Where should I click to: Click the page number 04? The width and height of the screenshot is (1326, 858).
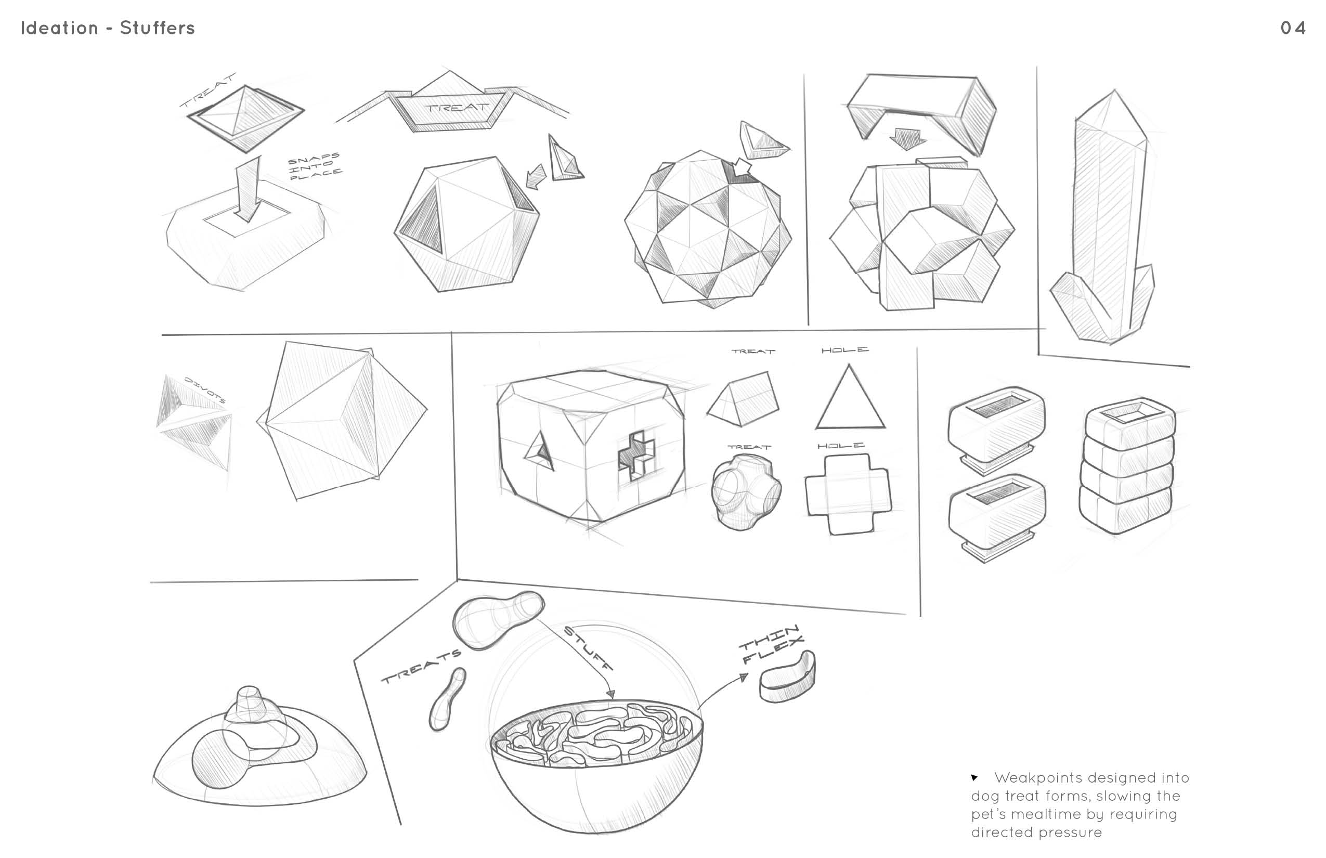click(1293, 28)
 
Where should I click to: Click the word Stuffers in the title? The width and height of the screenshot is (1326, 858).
click(158, 28)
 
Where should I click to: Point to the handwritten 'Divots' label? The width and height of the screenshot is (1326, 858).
click(205, 389)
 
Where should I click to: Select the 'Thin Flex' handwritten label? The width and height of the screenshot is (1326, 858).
click(772, 645)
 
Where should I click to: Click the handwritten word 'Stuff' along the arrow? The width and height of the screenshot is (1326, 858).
click(588, 648)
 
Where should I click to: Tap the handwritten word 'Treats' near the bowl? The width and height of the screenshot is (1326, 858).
click(421, 666)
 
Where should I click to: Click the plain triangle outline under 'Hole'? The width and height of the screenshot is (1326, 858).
click(850, 397)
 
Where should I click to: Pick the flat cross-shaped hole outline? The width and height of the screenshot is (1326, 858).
click(848, 493)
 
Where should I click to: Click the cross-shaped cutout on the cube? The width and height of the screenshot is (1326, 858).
click(636, 455)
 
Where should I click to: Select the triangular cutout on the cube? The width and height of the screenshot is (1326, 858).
click(539, 451)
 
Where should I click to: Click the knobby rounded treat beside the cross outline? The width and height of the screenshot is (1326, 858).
click(746, 492)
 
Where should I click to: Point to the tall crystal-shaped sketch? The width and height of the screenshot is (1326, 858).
click(1103, 217)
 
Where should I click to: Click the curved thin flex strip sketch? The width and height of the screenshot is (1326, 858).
click(787, 677)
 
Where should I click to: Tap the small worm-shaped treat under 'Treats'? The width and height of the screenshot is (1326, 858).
click(447, 699)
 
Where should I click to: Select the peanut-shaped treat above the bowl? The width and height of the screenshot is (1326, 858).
click(498, 619)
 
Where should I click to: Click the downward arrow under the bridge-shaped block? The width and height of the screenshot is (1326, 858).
click(907, 139)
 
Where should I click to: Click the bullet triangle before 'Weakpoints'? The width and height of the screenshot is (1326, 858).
click(974, 777)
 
